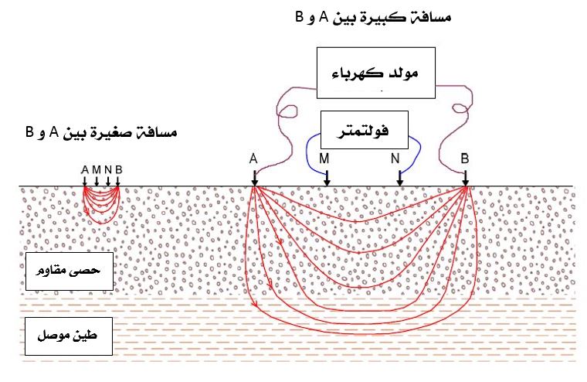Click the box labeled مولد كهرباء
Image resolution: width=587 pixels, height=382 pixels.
point(376,74)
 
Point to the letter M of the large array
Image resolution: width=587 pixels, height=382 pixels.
point(325,159)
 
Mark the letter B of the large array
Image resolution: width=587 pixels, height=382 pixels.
point(465,159)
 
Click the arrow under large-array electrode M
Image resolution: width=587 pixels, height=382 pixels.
point(327,179)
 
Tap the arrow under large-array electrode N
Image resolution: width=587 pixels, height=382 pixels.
point(399,179)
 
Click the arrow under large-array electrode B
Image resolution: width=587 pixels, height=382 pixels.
point(465,179)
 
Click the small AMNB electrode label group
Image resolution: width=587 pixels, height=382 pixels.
point(101,169)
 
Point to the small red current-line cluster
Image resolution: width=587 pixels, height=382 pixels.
point(101,203)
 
